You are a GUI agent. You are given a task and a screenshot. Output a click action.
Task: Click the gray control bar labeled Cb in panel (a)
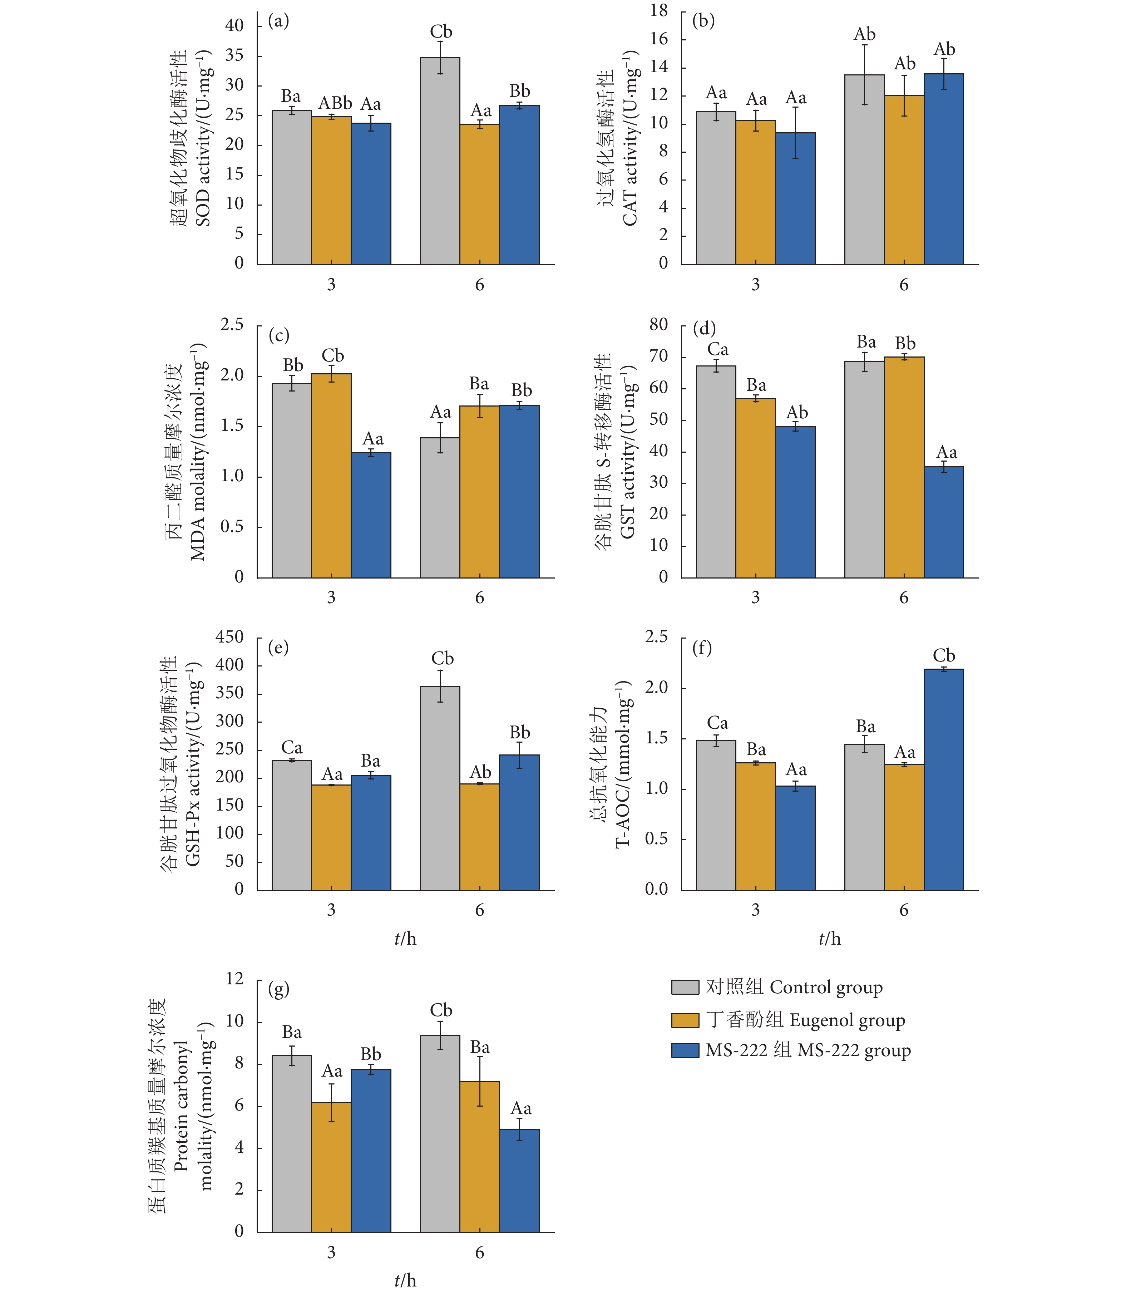click(440, 160)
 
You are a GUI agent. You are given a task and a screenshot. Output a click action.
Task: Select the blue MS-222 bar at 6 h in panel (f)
click(943, 779)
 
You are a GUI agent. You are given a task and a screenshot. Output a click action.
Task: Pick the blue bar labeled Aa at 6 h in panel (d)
click(943, 522)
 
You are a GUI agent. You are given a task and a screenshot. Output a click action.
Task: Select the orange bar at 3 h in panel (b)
click(755, 192)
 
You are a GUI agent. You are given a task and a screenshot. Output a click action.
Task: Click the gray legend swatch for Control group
click(685, 987)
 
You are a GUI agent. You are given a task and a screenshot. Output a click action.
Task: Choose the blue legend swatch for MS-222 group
click(685, 1050)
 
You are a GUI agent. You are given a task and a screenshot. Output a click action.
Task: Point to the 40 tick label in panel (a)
click(234, 26)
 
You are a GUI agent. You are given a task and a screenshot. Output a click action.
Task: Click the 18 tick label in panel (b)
click(658, 11)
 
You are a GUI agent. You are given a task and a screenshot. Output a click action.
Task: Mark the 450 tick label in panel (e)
click(229, 636)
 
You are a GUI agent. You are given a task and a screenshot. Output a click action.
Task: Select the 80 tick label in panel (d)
click(658, 324)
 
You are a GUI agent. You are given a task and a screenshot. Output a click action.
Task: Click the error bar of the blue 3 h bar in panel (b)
click(795, 133)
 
